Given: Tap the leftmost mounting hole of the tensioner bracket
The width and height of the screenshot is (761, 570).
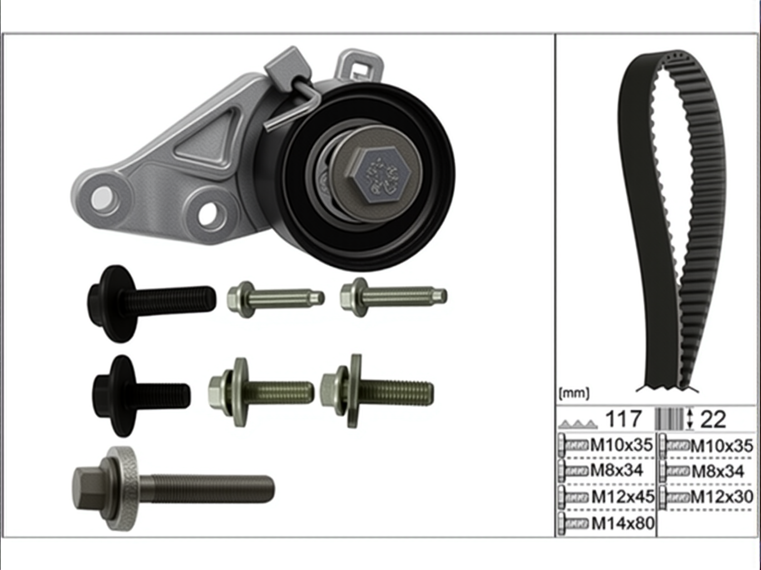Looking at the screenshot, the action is coord(102,198).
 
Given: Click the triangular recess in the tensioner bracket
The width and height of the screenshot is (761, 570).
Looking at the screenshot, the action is coord(207,139).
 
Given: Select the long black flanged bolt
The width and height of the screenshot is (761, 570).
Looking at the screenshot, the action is coord(151,304).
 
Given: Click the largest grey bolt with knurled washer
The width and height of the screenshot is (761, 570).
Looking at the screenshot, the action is coord(174,489).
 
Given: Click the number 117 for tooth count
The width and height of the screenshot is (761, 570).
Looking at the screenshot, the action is coord(624,419).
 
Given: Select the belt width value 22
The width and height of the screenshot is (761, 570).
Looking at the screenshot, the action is coord(713,420).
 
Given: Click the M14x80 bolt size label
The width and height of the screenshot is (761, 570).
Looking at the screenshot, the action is coord(622,523).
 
